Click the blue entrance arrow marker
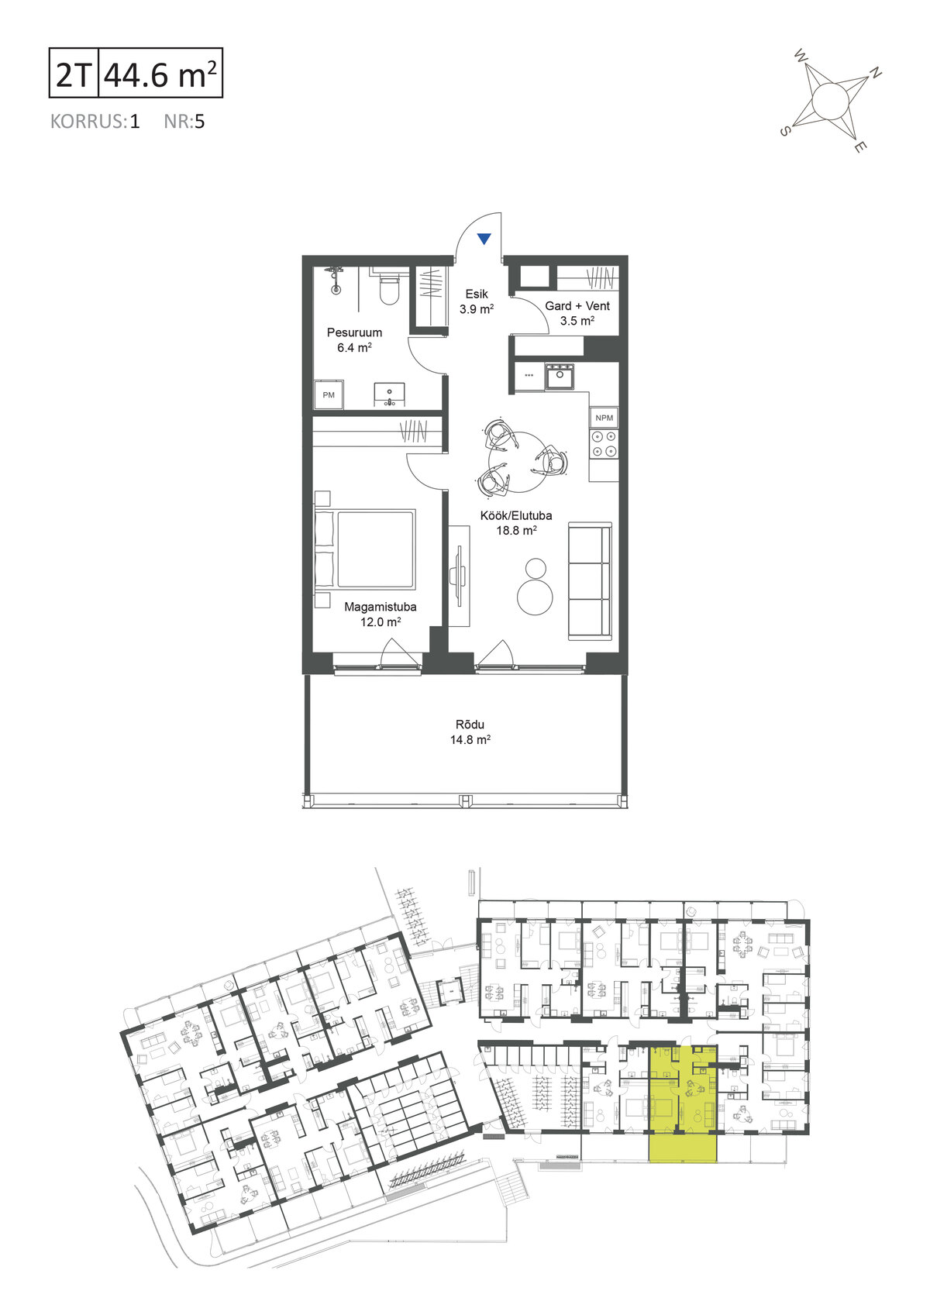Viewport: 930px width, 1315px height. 484,239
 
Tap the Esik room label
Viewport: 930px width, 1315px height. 477,301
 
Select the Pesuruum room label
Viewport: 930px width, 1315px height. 355,340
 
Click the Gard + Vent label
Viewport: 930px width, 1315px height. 577,313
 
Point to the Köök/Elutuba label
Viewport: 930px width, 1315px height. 516,523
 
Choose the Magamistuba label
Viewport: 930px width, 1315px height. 381,614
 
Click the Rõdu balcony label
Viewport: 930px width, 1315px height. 470,732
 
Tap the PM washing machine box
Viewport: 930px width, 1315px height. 329,394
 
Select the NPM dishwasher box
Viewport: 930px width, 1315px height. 604,418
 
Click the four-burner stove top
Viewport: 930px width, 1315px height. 604,444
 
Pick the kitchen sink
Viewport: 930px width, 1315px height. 560,376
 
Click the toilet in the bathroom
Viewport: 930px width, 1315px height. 389,286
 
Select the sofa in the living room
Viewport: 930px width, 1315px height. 590,581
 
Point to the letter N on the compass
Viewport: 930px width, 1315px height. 875,73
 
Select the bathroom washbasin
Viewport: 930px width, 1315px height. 389,394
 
